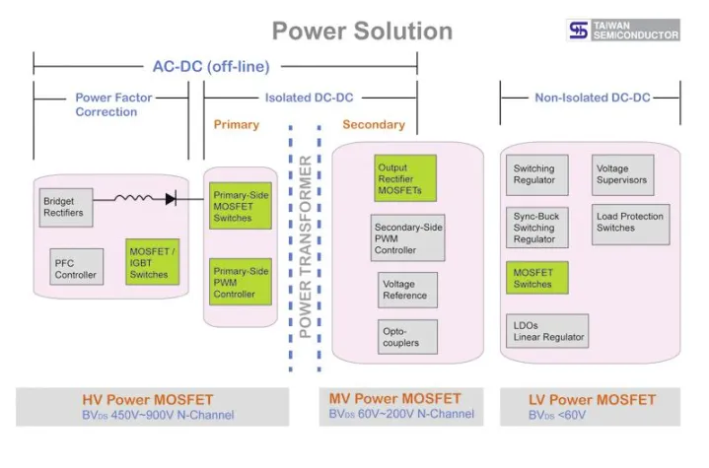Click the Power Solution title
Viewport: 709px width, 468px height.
click(x=362, y=31)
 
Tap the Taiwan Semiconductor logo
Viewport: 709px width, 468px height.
click(x=623, y=30)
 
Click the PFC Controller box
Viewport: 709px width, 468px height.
click(x=76, y=268)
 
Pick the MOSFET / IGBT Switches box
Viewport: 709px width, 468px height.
click(x=153, y=262)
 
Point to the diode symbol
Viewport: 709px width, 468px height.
click(x=171, y=198)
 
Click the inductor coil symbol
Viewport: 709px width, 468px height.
click(x=130, y=198)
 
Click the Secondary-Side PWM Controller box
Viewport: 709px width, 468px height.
click(x=408, y=238)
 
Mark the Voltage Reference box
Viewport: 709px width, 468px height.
click(x=405, y=290)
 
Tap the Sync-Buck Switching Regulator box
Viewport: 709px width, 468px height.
click(x=535, y=227)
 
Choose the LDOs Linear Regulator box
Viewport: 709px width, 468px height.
click(x=548, y=331)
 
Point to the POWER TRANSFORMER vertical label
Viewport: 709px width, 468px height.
click(x=306, y=246)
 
